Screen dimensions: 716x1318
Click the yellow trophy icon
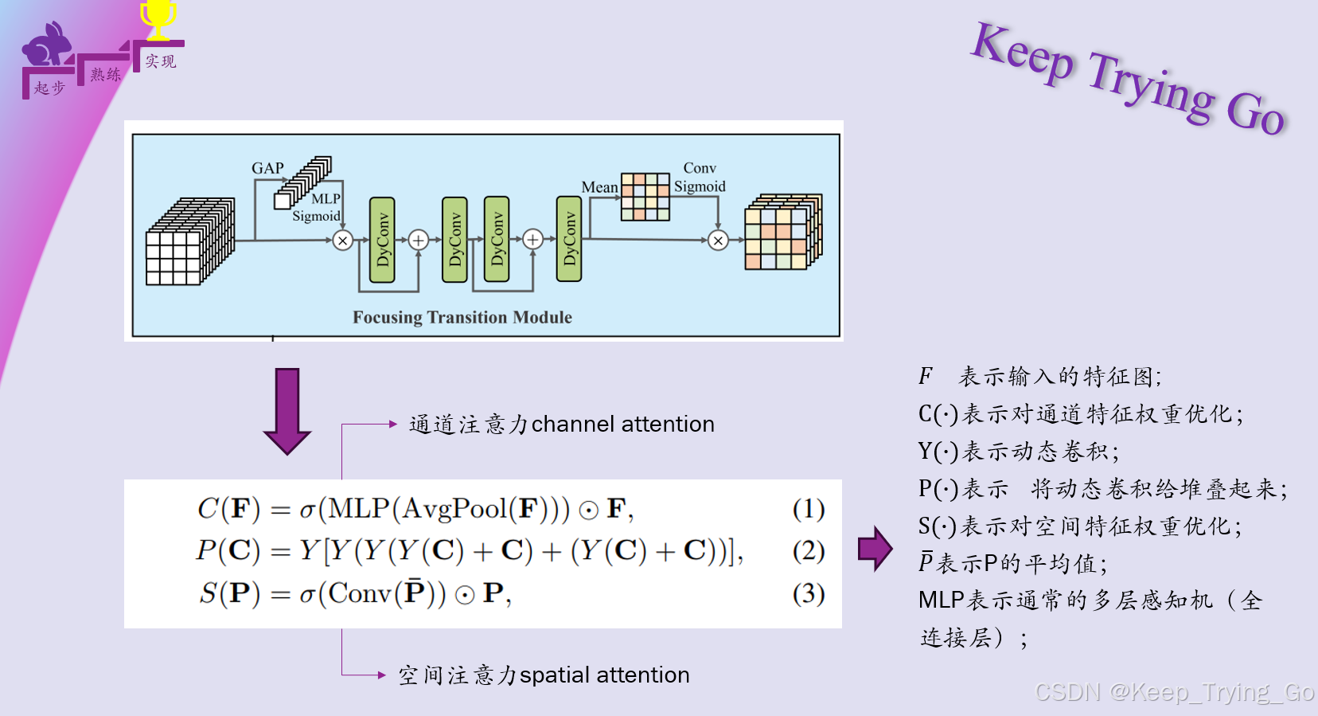click(158, 19)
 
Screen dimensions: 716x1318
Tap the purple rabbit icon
click(47, 46)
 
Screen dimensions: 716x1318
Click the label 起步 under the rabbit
click(49, 88)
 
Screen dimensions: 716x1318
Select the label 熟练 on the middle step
click(105, 75)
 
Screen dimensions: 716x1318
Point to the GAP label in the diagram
click(267, 168)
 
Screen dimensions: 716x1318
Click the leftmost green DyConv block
click(382, 240)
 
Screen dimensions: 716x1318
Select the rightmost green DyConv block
click(569, 240)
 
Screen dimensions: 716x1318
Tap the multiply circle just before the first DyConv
click(343, 240)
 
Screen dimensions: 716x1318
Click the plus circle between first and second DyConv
click(419, 240)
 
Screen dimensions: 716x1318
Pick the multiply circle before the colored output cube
click(718, 240)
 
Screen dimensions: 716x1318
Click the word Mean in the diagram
click(599, 187)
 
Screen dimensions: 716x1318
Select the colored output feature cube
click(782, 232)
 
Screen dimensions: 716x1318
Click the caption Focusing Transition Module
click(462, 317)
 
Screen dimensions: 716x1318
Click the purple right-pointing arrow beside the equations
click(875, 548)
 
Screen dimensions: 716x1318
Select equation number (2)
click(808, 550)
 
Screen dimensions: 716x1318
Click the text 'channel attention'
click(622, 425)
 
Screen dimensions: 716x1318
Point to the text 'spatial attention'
click(604, 675)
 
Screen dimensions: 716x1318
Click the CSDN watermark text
click(1174, 692)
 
